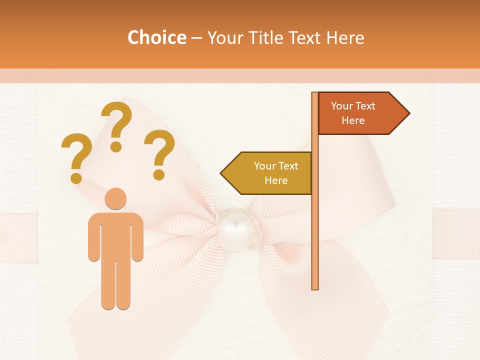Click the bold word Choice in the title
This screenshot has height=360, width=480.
click(x=156, y=37)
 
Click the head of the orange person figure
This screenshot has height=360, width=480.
click(x=115, y=198)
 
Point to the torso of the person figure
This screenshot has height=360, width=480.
click(x=115, y=235)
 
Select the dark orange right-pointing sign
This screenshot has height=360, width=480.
click(x=357, y=113)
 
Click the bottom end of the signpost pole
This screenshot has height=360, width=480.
click(x=315, y=287)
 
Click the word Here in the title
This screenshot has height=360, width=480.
click(x=345, y=37)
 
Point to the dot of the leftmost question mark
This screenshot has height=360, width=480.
click(x=76, y=177)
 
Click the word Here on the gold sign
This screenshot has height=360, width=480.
click(x=276, y=180)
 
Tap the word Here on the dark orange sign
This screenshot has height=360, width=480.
click(x=353, y=120)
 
